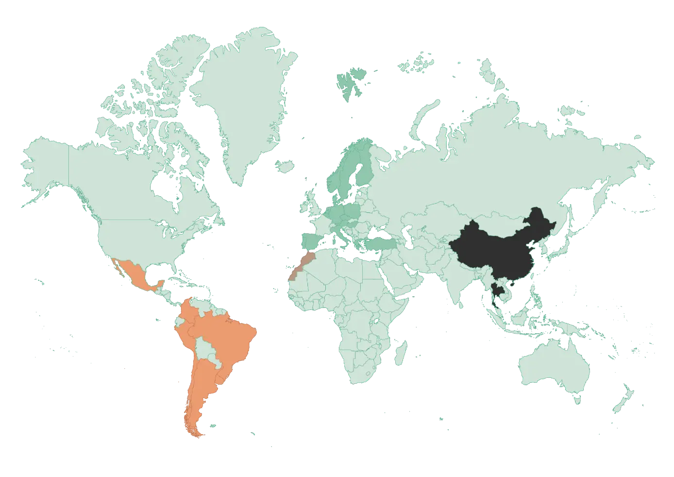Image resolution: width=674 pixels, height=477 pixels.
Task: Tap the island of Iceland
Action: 285,167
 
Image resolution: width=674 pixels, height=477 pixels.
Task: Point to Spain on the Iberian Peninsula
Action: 311,241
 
